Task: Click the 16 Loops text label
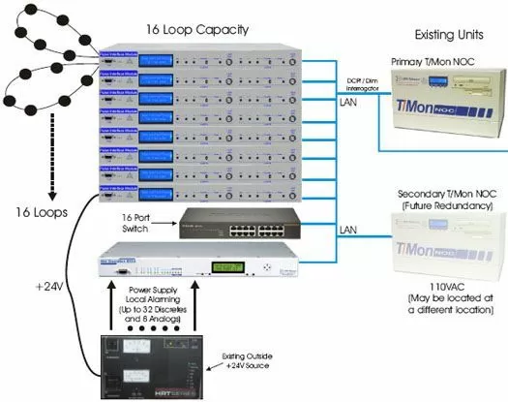38,212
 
